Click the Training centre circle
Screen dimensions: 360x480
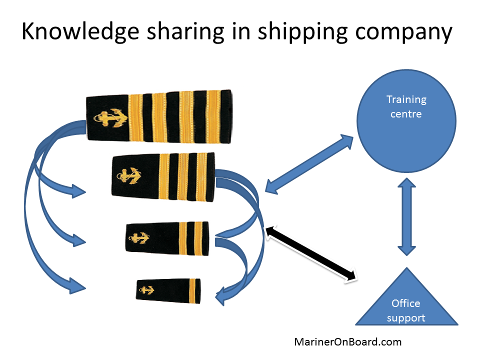point(406,122)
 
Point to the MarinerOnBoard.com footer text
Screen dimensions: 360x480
point(347,342)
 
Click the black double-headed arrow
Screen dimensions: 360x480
point(312,253)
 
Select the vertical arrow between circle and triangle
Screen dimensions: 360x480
point(405,219)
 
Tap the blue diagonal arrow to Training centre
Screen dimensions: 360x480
point(308,163)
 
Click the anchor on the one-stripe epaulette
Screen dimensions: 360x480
point(147,289)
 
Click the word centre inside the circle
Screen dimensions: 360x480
point(406,114)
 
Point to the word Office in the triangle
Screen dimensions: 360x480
point(406,303)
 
